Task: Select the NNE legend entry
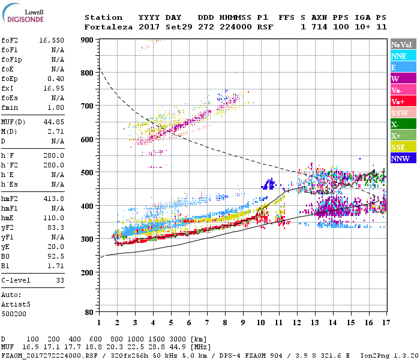399,56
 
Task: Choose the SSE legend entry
399,147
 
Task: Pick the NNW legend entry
401,158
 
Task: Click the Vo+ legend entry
399,101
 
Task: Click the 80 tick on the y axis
90,312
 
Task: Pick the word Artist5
16,304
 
